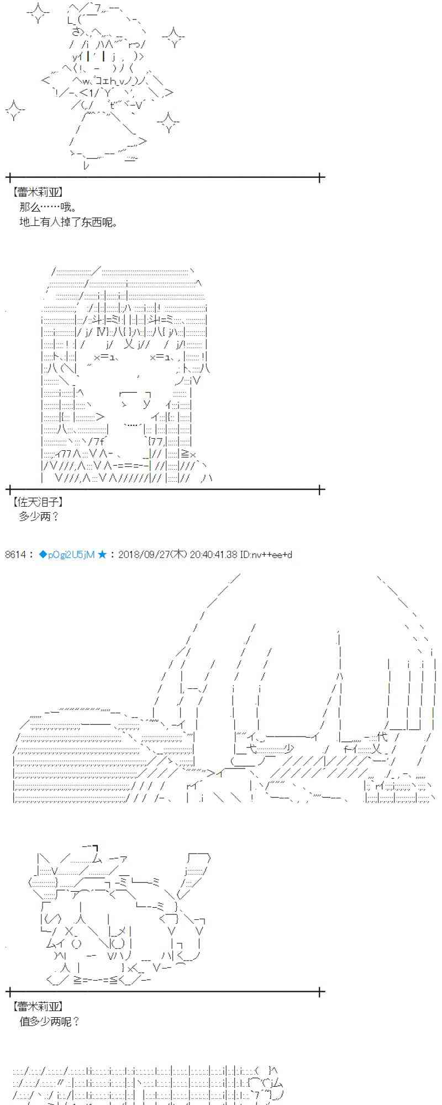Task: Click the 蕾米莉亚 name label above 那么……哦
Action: point(36,192)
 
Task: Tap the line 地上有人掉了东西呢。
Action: point(69,222)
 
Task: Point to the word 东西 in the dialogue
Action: point(92,222)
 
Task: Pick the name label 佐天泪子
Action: point(36,502)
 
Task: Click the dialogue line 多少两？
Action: point(39,517)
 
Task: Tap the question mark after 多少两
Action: point(54,517)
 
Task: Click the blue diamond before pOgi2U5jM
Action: point(43,554)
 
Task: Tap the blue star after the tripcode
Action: point(102,554)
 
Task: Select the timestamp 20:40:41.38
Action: point(213,554)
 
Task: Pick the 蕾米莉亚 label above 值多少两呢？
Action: point(36,1007)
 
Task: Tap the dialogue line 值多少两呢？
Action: point(49,1022)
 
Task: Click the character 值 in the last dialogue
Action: point(24,1022)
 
